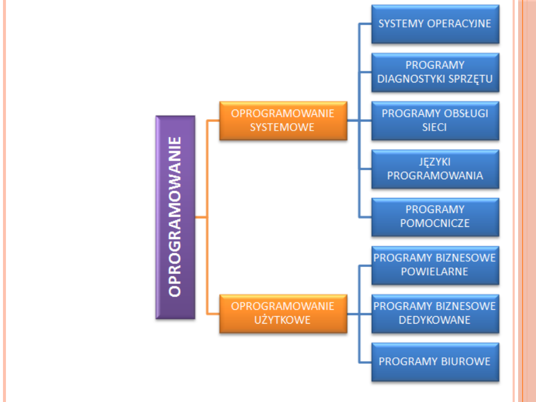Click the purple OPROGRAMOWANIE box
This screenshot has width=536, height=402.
(x=175, y=217)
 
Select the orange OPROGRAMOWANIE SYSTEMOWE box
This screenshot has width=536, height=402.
(x=283, y=120)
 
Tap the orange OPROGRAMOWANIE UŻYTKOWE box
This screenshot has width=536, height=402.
(x=283, y=313)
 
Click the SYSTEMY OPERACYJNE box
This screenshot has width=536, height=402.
(x=435, y=24)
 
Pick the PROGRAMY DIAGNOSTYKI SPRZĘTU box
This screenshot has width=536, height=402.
(x=435, y=72)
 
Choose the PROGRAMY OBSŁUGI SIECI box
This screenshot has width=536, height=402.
(x=435, y=120)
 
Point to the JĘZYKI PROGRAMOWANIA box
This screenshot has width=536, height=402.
(x=435, y=169)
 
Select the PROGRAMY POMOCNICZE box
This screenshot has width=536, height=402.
(x=435, y=216)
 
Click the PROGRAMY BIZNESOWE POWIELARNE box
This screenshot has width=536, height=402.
(x=435, y=265)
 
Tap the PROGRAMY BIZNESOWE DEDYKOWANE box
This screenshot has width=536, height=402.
(x=435, y=313)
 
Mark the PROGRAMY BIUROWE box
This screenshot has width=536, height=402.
(x=435, y=361)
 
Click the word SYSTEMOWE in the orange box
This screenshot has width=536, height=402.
(x=282, y=127)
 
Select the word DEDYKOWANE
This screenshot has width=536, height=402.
(x=435, y=320)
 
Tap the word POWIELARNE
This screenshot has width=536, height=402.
(x=435, y=271)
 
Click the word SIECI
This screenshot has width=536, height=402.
(x=435, y=127)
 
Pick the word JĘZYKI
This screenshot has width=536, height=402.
(x=435, y=162)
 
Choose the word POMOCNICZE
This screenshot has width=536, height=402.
(x=435, y=223)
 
